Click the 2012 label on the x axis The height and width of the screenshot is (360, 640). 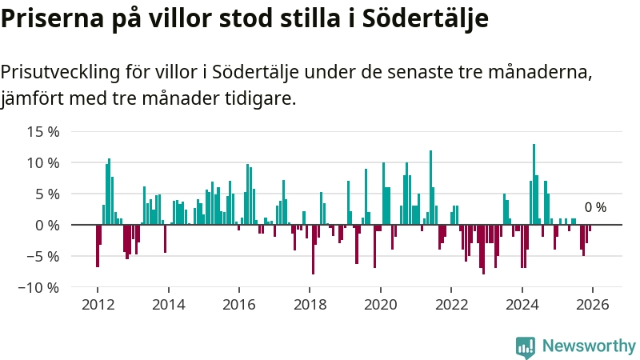(98, 304)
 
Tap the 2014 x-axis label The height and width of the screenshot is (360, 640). (168, 304)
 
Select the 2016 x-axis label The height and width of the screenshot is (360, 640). (238, 304)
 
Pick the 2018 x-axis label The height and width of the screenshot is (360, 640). (310, 304)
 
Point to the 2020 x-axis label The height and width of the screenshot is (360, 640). (380, 304)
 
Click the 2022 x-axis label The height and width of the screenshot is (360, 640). (451, 304)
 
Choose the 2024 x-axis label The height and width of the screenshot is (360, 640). (522, 304)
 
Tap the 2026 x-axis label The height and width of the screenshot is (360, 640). (592, 304)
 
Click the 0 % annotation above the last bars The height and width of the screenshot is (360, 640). (595, 207)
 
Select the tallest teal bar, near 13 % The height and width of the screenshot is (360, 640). (534, 184)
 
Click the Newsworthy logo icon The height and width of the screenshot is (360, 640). (526, 346)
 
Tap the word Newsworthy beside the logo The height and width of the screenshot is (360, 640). (589, 346)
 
